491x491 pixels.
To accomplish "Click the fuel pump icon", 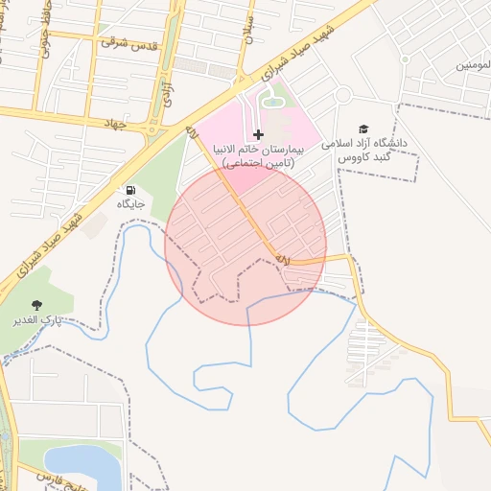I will [x=130, y=190].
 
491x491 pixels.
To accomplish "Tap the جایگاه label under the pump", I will [x=130, y=204].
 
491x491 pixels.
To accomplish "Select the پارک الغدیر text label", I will [x=37, y=318].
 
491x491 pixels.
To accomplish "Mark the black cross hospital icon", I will [x=258, y=134].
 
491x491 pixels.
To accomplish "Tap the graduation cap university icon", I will [x=362, y=129].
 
